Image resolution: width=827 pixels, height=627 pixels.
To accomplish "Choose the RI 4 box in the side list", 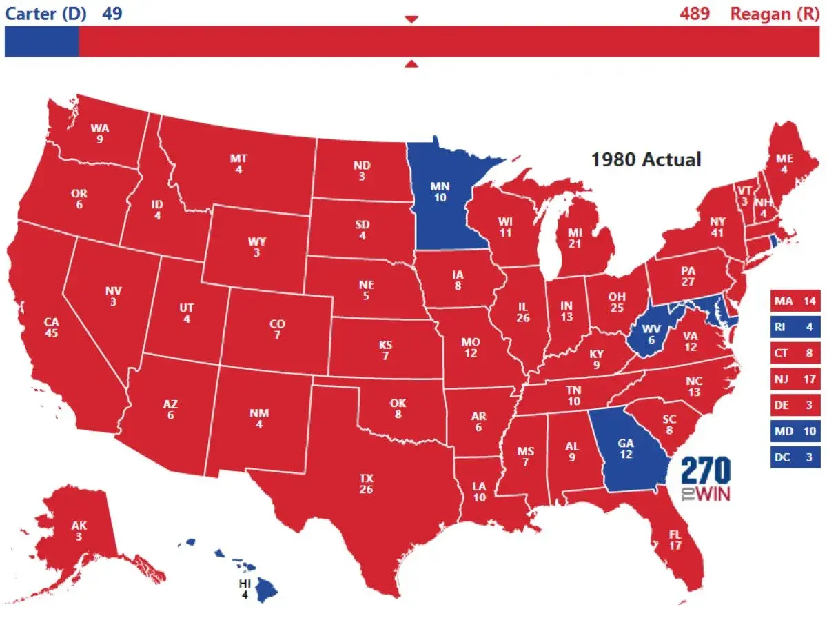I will click(x=795, y=327).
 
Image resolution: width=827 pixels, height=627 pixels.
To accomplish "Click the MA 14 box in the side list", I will click(x=795, y=301).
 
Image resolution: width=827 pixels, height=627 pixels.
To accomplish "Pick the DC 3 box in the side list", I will click(x=795, y=457).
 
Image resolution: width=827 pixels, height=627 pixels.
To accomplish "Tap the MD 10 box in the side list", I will click(x=795, y=431).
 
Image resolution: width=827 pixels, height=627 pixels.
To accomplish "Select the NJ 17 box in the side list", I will click(x=795, y=379).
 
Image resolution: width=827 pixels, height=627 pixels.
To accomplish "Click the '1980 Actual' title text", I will click(x=646, y=159).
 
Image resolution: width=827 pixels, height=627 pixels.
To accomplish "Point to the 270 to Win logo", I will click(x=706, y=479).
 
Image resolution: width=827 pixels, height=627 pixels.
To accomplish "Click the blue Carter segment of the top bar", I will click(x=41, y=41).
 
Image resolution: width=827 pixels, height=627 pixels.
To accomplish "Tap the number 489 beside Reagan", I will click(x=694, y=13).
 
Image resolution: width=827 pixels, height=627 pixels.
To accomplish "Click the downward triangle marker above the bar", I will click(x=411, y=19).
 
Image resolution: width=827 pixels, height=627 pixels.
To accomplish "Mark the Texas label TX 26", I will click(x=366, y=484).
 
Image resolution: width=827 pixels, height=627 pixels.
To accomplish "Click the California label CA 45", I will click(x=51, y=327).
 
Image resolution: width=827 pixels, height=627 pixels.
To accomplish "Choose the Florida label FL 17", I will click(x=675, y=539).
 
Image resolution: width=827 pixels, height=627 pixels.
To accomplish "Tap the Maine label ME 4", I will click(x=784, y=163).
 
